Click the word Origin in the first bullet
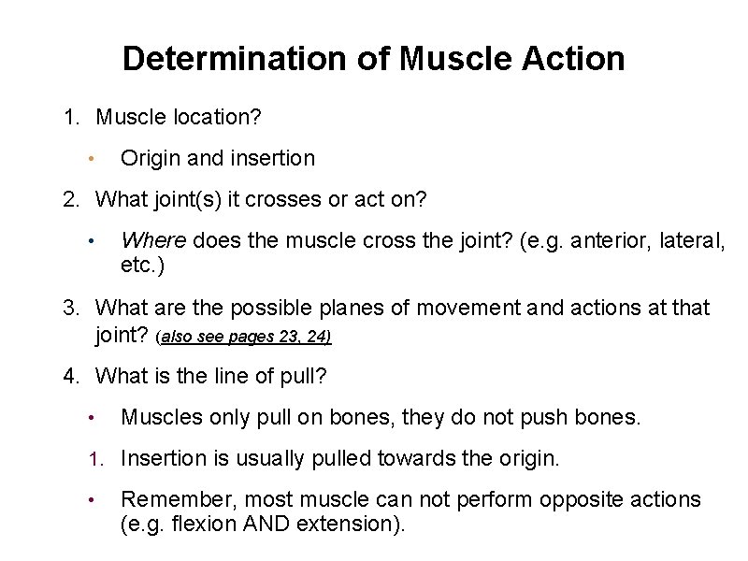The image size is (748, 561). (x=151, y=159)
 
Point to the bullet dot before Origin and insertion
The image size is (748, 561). (x=89, y=159)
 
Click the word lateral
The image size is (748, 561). (x=690, y=240)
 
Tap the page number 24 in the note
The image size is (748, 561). (x=317, y=336)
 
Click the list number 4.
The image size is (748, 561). (x=70, y=376)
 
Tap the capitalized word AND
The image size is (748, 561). (x=267, y=524)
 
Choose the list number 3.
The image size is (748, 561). (x=70, y=308)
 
